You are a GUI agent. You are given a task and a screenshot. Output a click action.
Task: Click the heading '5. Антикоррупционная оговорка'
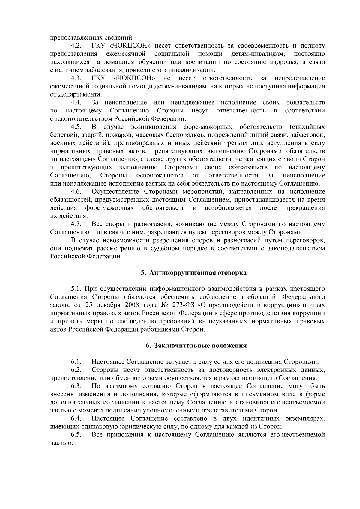(194, 273)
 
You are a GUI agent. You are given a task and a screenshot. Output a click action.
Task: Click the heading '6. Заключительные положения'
(196, 346)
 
